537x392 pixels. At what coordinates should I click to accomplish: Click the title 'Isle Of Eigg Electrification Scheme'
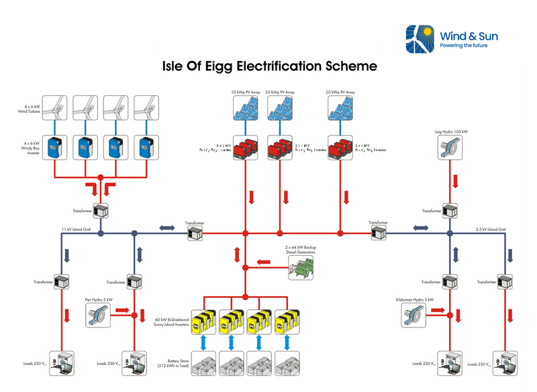271,66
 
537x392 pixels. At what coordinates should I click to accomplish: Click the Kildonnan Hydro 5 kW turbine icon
416,313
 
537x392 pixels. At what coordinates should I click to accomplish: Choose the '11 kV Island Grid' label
75,230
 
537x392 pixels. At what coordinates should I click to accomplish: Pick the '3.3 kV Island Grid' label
489,230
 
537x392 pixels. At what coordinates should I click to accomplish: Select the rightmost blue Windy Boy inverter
145,148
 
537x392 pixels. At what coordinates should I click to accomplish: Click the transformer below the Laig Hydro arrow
448,210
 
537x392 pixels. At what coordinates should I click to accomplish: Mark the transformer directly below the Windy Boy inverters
101,210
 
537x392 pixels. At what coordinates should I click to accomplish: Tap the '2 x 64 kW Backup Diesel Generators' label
300,250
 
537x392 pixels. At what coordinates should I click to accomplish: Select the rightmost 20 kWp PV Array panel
340,108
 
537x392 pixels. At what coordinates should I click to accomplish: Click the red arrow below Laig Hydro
455,181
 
